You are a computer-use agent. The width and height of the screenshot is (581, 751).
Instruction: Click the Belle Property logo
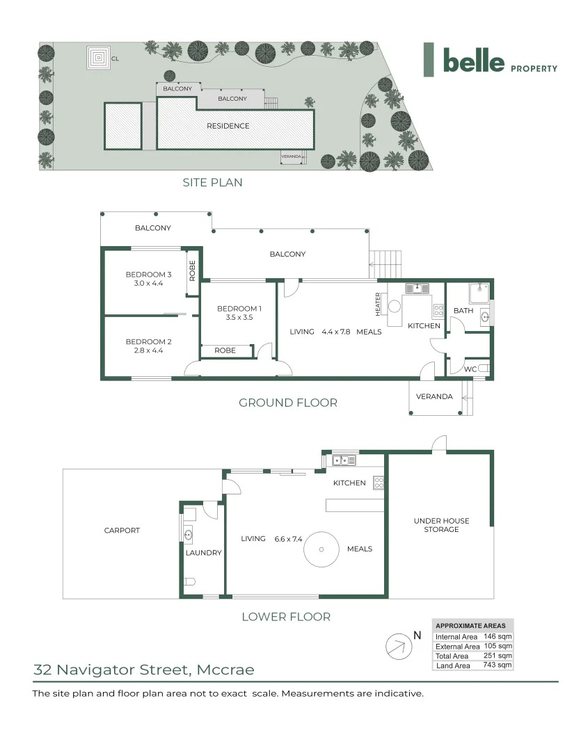pyautogui.click(x=491, y=60)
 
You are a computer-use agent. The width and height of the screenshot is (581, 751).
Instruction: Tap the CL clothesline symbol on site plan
pyautogui.click(x=99, y=58)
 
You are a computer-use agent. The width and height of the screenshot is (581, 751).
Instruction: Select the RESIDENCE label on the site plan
pyautogui.click(x=228, y=126)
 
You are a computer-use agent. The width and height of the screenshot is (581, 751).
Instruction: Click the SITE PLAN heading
pyautogui.click(x=212, y=182)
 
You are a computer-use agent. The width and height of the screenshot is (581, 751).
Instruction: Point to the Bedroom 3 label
pyautogui.click(x=148, y=275)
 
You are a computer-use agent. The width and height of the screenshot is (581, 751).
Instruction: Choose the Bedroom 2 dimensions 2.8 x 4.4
pyautogui.click(x=148, y=350)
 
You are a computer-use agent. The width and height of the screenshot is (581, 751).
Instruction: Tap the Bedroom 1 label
pyautogui.click(x=239, y=309)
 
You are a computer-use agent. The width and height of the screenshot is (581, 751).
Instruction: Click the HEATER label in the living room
pyautogui.click(x=378, y=304)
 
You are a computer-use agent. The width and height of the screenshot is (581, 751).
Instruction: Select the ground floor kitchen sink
pyautogui.click(x=417, y=289)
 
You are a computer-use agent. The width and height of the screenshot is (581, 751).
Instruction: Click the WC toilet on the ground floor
pyautogui.click(x=484, y=368)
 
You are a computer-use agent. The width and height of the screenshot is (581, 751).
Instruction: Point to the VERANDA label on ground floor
pyautogui.click(x=434, y=396)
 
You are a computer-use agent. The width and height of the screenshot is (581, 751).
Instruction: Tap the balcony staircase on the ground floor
pyautogui.click(x=386, y=264)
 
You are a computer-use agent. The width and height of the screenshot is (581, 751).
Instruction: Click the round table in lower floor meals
pyautogui.click(x=321, y=549)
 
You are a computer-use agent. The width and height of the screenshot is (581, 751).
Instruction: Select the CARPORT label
pyautogui.click(x=122, y=530)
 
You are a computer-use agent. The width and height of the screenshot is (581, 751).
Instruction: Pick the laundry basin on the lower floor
pyautogui.click(x=188, y=535)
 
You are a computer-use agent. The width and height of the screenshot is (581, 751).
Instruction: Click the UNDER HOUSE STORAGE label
pyautogui.click(x=442, y=525)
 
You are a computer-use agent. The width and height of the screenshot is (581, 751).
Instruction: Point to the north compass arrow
pyautogui.click(x=399, y=646)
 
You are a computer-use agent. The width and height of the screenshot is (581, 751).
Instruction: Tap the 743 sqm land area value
pyautogui.click(x=497, y=665)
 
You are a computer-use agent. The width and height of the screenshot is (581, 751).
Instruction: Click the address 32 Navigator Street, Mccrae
pyautogui.click(x=144, y=670)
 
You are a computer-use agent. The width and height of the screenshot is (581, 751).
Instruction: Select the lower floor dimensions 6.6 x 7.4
pyautogui.click(x=288, y=539)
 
